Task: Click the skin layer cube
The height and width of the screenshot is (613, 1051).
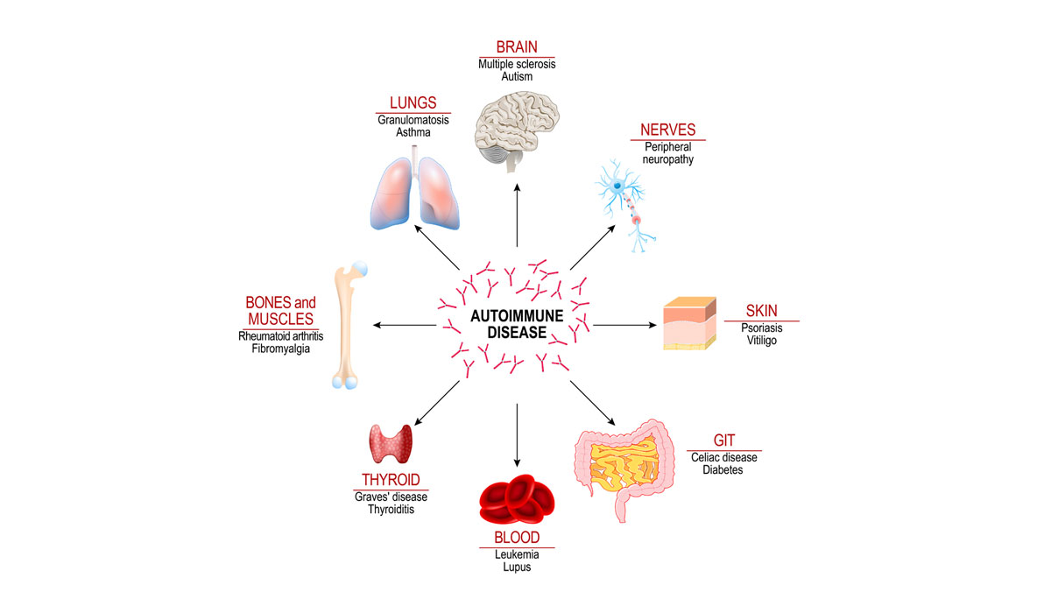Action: [688, 325]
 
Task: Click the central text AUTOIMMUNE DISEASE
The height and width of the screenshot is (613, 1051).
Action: [517, 323]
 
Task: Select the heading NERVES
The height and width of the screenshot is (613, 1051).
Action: [667, 130]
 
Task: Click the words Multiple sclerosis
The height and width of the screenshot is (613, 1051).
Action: [517, 64]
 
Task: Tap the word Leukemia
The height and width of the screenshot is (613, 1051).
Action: [517, 554]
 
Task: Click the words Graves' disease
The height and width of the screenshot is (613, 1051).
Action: [391, 497]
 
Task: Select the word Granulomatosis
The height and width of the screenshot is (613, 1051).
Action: [413, 120]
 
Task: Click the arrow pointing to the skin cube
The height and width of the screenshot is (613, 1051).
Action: [624, 325]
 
